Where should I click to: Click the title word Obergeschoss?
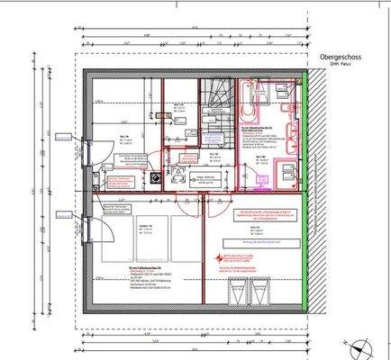click(x=341, y=56)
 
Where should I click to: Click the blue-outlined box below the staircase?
click(x=216, y=139)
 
